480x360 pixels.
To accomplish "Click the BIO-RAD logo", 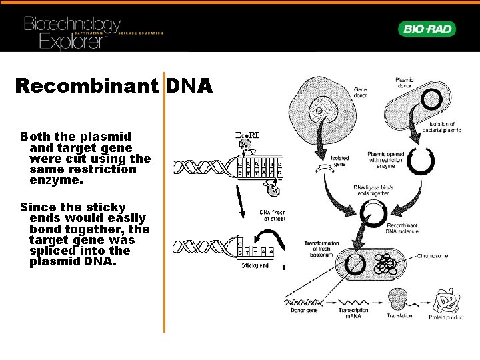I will point(428,29).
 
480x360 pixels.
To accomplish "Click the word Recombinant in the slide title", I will point(86,86).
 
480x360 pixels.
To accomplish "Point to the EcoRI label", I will point(247,135).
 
